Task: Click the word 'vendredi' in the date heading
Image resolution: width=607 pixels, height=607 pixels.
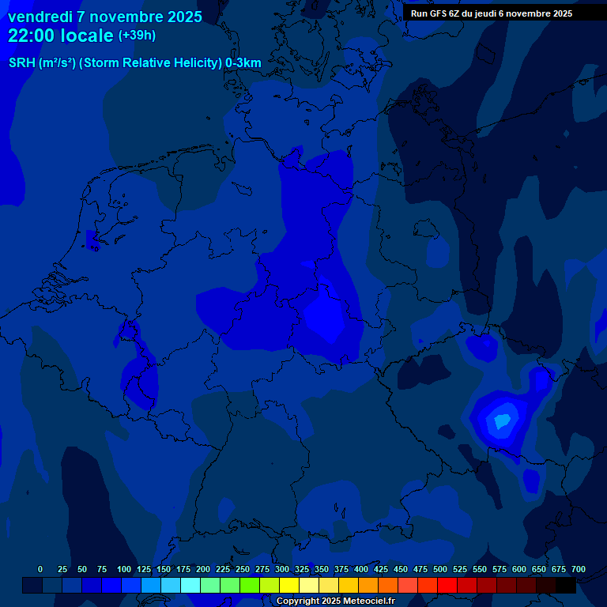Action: pyautogui.click(x=40, y=17)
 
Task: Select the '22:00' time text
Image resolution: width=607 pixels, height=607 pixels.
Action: pyautogui.click(x=32, y=36)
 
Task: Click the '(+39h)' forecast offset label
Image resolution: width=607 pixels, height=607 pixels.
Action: pyautogui.click(x=137, y=36)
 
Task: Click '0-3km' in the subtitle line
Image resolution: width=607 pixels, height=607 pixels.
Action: pyautogui.click(x=243, y=62)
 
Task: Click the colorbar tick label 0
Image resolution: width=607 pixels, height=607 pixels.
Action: pyautogui.click(x=40, y=569)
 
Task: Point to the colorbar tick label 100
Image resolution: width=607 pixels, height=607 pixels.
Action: pyautogui.click(x=124, y=569)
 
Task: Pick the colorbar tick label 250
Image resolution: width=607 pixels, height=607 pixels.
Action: pyautogui.click(x=243, y=569)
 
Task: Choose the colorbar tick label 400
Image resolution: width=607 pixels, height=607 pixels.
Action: pyautogui.click(x=361, y=569)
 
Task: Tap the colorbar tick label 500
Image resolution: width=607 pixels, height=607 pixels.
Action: pyautogui.click(x=440, y=569)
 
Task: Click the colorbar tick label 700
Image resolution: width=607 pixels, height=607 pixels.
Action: pyautogui.click(x=578, y=569)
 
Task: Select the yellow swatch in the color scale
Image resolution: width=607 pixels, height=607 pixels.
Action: pyautogui.click(x=289, y=586)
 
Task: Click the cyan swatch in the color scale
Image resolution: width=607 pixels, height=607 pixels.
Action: pyautogui.click(x=190, y=586)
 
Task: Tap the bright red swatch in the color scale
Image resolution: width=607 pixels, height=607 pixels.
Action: pyautogui.click(x=447, y=586)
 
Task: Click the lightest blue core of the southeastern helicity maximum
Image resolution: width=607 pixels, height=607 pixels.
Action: pyautogui.click(x=500, y=421)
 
